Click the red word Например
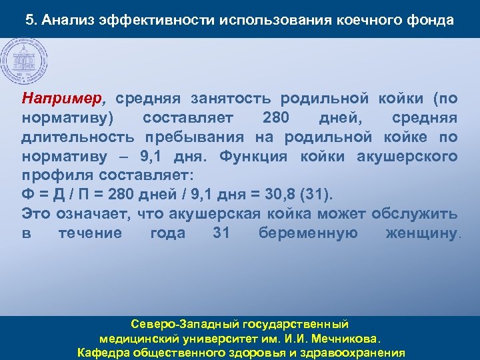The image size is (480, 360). coord(63,99)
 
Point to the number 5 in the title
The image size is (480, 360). coord(29,19)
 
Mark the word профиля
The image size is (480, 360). coord(53,176)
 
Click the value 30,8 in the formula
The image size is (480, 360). coord(280,195)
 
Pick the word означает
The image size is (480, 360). coord(91,214)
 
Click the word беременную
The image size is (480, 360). coord(308,233)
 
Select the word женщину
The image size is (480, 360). coord(422,233)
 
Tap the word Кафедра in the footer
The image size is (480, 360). coord(104,353)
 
